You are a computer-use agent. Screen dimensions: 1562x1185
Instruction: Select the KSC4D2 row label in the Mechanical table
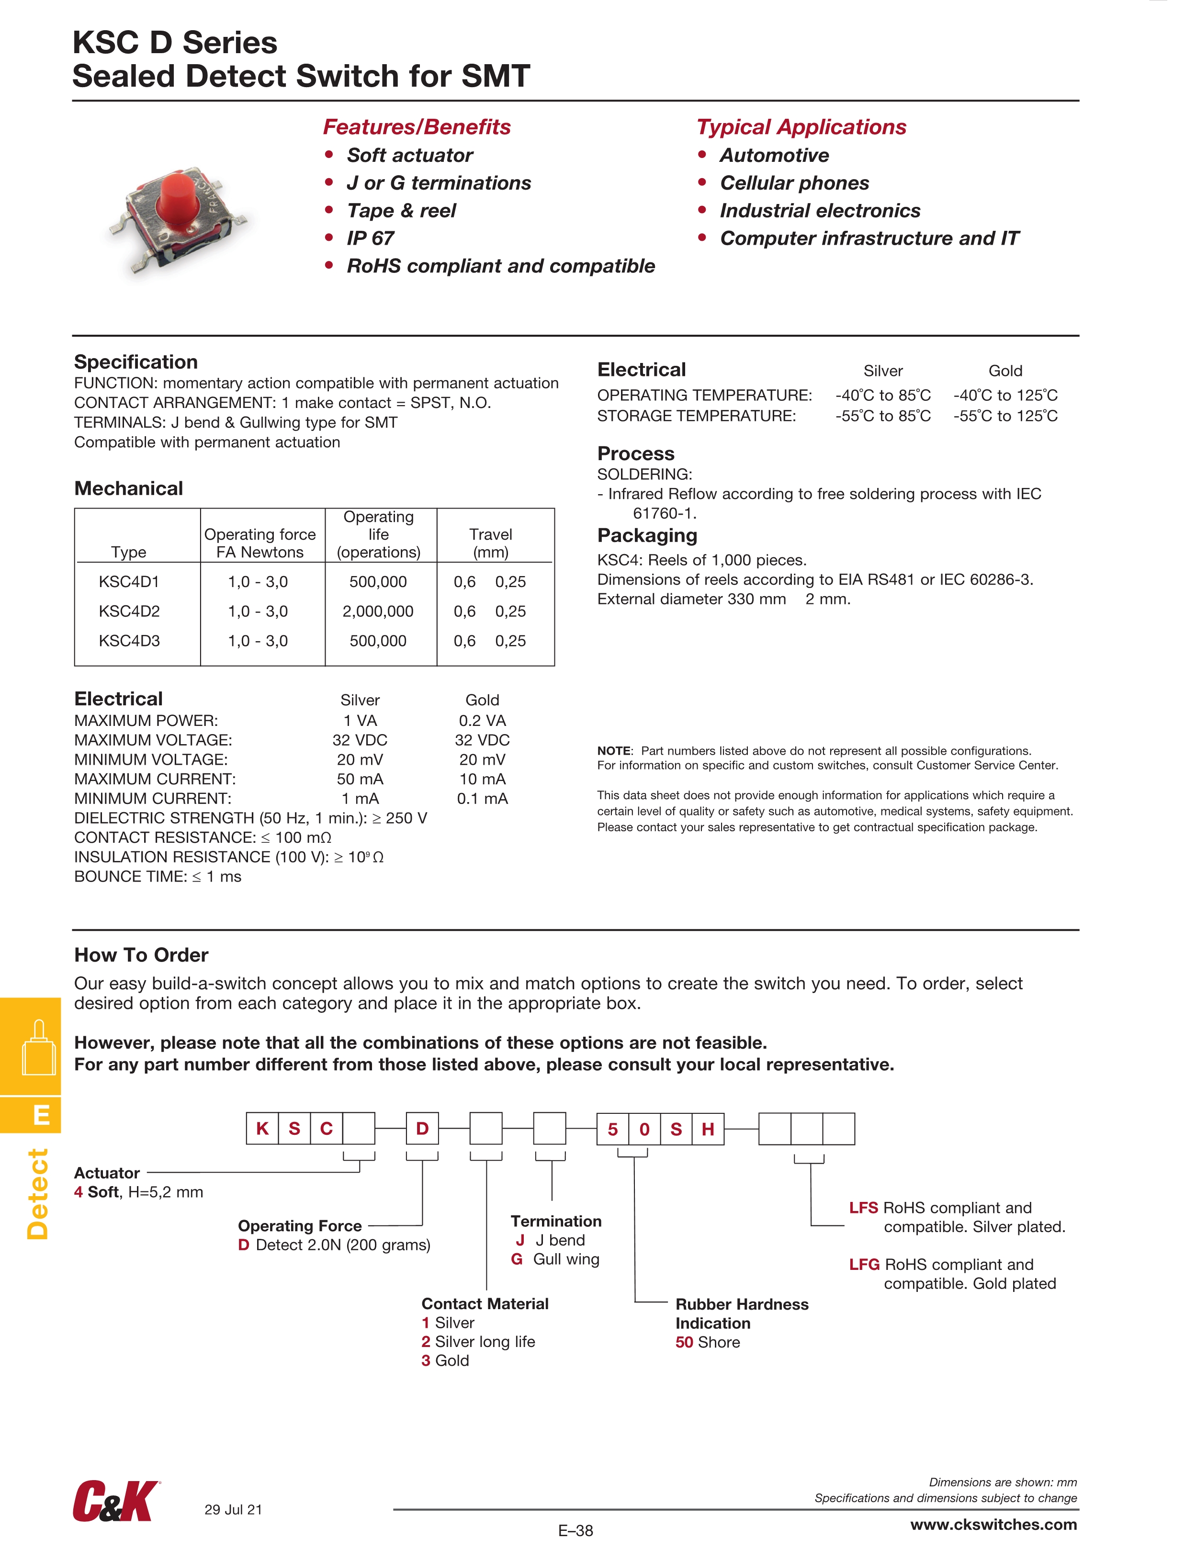click(x=129, y=611)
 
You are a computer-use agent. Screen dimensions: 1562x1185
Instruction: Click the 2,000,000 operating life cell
click(x=378, y=611)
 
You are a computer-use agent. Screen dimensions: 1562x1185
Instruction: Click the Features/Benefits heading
click(x=417, y=127)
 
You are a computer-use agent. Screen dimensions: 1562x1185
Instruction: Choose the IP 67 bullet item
click(x=370, y=238)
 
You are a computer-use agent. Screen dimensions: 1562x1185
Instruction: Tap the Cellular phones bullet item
click(x=794, y=183)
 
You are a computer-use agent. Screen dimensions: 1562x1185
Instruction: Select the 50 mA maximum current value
click(x=360, y=779)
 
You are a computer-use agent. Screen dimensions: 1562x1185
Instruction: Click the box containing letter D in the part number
click(x=422, y=1129)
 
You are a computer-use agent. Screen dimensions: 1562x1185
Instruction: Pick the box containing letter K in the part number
click(x=262, y=1129)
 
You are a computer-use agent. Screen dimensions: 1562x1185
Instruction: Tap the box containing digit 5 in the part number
click(x=612, y=1129)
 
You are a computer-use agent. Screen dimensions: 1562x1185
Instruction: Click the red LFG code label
click(x=864, y=1264)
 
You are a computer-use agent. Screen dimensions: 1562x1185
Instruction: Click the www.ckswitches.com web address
click(x=993, y=1525)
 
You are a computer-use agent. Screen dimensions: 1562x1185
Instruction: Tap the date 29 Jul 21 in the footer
click(x=233, y=1510)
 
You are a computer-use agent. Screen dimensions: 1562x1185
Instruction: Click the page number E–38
click(x=576, y=1531)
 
